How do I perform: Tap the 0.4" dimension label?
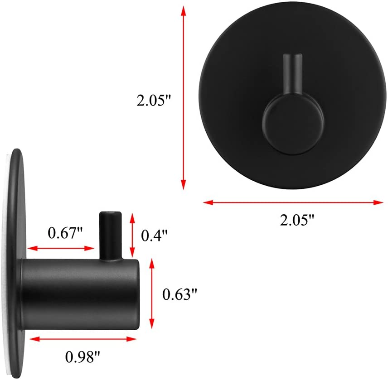(155, 235)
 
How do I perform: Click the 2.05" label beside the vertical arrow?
(155, 99)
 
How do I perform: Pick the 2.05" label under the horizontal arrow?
(297, 221)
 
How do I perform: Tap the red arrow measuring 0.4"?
(132, 235)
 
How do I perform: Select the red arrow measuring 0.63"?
(151, 290)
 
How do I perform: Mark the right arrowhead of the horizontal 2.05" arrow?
(379, 202)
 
